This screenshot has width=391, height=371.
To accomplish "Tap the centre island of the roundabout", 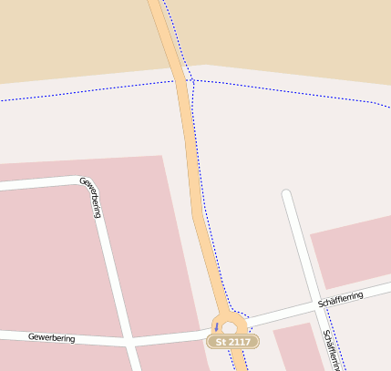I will point(229,327).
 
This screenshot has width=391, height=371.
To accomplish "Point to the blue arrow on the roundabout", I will point(216,326).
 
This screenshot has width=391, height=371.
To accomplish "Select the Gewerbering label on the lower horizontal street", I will point(51,337).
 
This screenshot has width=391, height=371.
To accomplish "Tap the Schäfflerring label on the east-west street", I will point(341,298).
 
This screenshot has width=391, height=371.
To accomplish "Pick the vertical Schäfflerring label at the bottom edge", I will point(331,349).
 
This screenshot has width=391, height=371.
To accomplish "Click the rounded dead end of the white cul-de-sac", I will point(287,195).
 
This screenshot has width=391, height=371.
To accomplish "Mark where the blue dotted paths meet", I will point(192,80).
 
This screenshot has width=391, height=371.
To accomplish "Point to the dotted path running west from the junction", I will point(91,90).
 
